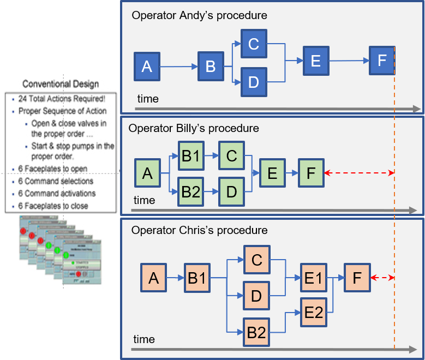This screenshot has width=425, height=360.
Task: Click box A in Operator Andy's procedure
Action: point(147,67)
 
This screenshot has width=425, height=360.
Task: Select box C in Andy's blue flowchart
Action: point(253,44)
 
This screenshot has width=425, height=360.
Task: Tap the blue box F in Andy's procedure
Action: point(382,61)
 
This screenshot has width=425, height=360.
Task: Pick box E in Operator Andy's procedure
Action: point(315,61)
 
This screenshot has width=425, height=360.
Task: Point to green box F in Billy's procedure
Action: point(311,173)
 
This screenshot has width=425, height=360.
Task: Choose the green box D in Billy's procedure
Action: point(231,191)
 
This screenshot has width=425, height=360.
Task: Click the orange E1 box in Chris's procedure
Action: point(313,278)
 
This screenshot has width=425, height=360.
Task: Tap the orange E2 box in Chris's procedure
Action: point(313,313)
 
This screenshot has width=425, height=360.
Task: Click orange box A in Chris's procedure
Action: point(153,278)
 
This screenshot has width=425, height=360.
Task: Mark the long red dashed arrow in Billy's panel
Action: point(358,173)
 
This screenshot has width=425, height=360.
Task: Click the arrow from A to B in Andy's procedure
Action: point(178,67)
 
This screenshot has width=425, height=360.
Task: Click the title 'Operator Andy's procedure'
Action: point(199,15)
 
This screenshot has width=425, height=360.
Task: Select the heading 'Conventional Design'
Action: point(61,84)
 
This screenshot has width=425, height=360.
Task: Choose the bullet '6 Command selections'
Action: point(56,181)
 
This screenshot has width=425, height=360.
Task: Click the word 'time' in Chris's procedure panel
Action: point(144,339)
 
